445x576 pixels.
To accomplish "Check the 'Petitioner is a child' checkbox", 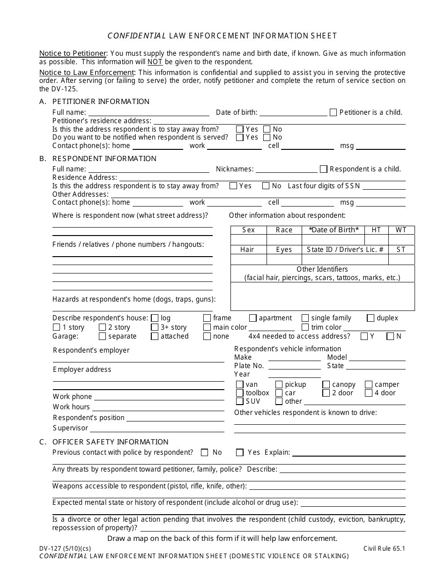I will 333,112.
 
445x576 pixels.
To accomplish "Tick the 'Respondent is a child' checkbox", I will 323,169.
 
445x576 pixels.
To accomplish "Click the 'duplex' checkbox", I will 371,318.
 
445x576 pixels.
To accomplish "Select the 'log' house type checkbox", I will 155,318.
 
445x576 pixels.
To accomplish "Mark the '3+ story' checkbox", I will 155,327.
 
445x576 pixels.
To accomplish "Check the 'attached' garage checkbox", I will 155,336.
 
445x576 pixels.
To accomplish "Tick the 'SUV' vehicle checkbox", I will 240,401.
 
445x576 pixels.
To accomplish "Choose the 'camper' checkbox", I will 369,384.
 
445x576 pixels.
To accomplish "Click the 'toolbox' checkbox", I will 240,393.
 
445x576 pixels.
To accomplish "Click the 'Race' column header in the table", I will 284,230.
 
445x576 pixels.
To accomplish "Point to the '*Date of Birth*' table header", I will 334,230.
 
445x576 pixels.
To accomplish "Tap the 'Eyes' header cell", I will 284,250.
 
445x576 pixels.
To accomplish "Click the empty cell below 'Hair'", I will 248,259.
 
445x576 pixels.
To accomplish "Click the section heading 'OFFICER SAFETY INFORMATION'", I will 110,442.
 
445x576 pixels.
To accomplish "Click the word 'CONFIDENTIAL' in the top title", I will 136,36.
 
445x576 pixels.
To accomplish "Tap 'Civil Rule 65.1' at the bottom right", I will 384,548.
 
